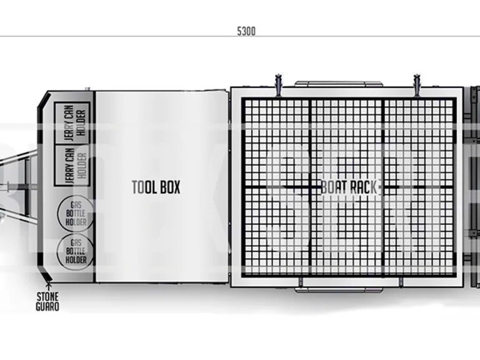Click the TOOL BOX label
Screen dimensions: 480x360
[156, 187]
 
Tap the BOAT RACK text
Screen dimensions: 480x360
[349, 187]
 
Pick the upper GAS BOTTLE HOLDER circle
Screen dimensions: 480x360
[76, 213]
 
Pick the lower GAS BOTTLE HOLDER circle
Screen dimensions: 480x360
[76, 251]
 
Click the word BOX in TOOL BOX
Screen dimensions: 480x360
[169, 187]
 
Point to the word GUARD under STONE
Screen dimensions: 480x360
[47, 307]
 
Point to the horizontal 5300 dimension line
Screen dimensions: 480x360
[125, 36]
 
